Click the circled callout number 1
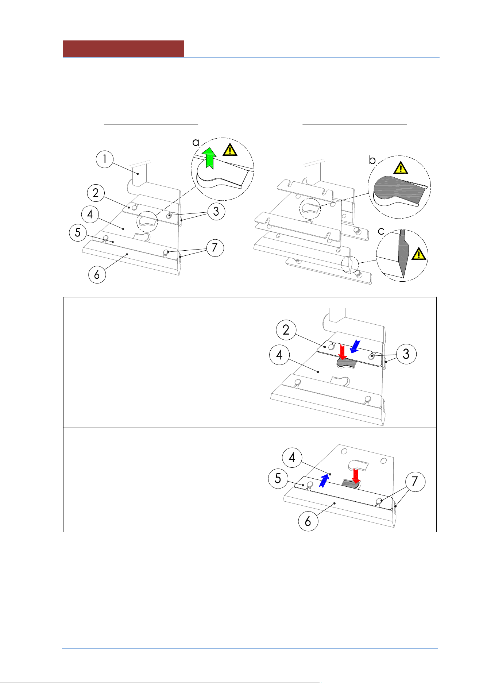105,159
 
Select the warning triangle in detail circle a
230,150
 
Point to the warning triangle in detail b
401,168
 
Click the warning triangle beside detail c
419,254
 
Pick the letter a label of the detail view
196,142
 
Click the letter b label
372,160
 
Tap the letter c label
381,231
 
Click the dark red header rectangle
123,49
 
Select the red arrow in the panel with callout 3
343,352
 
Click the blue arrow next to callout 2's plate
355,347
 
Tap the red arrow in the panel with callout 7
356,476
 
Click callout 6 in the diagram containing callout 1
97,274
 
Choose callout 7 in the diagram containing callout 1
215,248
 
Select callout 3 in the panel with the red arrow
406,354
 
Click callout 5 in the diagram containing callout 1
78,232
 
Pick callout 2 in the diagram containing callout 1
96,193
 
